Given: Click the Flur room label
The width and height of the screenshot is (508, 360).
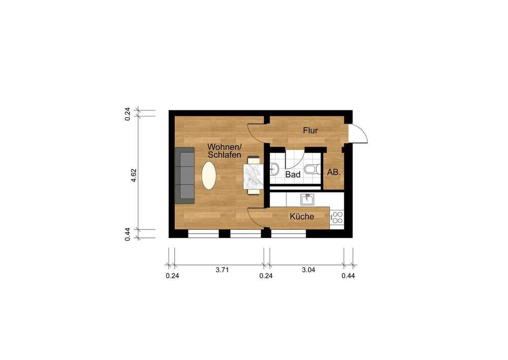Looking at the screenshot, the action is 310,131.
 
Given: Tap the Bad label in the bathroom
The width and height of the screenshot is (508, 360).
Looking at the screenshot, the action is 293,174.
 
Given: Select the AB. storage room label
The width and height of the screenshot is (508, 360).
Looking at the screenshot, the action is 334,172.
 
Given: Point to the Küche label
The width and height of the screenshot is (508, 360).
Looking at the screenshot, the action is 302,216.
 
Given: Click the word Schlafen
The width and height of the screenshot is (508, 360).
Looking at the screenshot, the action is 225,155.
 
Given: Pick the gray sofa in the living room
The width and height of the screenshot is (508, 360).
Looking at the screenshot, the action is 185,175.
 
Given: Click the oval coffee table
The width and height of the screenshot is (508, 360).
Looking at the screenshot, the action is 209,175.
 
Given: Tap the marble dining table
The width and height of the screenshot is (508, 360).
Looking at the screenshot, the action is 253,176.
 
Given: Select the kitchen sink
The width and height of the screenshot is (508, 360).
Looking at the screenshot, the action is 307,199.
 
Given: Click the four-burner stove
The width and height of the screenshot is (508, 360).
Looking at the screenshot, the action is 337,217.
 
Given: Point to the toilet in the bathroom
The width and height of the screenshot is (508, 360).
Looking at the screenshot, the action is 312,169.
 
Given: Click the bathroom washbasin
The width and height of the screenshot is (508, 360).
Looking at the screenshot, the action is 274,169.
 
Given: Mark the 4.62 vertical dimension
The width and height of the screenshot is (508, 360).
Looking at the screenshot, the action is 134,175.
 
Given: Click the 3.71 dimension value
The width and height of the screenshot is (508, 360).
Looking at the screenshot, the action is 223,269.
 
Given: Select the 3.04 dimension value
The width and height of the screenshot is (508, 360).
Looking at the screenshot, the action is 308,269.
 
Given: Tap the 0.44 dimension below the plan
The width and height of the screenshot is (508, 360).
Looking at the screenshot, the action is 348,276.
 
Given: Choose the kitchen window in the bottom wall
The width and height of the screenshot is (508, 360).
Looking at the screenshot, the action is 289,233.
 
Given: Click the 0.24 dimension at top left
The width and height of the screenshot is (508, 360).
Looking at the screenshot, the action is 128,114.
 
